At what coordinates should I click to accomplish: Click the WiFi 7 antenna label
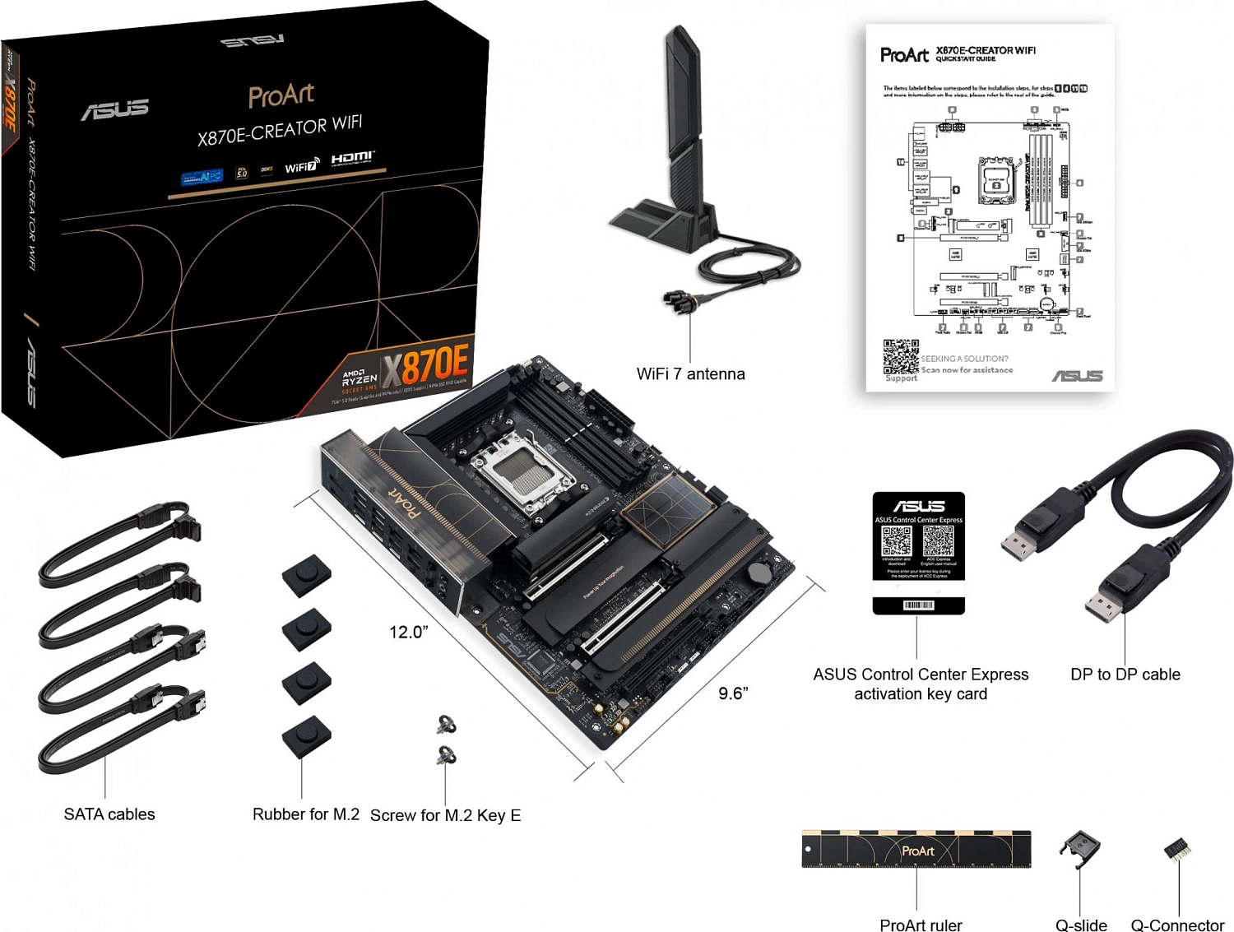point(690,373)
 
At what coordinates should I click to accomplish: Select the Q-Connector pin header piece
point(1176,850)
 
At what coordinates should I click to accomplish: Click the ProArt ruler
point(916,849)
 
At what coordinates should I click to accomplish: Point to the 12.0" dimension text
point(408,632)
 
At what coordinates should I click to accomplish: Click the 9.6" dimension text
point(733,693)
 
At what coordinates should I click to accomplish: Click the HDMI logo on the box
point(352,158)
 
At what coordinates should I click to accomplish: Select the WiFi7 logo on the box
point(302,166)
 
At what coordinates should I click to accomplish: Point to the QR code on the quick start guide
point(901,356)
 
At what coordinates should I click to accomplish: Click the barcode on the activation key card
point(918,605)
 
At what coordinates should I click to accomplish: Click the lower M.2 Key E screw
point(446,754)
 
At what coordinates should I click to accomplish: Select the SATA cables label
point(109,814)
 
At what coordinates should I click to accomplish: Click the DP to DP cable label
point(1125,675)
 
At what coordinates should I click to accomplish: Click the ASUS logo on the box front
point(115,109)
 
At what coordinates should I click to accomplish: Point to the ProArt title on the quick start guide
point(904,55)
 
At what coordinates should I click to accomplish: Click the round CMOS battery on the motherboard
point(758,573)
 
